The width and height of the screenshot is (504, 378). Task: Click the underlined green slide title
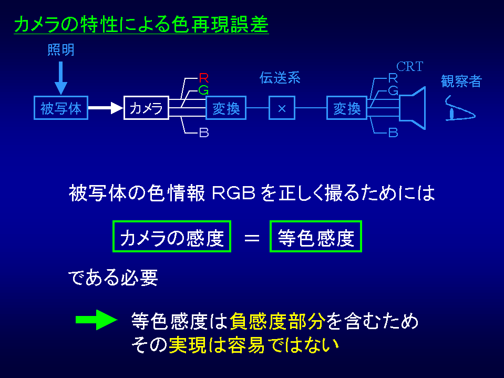click(x=141, y=24)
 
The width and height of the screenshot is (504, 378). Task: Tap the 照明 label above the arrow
click(x=61, y=50)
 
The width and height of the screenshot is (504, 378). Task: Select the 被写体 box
click(x=61, y=108)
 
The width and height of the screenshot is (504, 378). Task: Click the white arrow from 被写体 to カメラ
click(x=105, y=108)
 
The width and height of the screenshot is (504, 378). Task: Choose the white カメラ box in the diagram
click(x=146, y=108)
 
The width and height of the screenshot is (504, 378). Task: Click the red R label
click(x=204, y=78)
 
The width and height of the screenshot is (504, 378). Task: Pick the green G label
click(x=204, y=90)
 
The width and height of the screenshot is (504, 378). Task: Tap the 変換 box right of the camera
click(x=225, y=108)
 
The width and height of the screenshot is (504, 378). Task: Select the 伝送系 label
click(x=280, y=78)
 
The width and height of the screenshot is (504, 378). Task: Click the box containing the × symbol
click(x=282, y=108)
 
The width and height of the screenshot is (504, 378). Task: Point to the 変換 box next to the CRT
click(x=346, y=108)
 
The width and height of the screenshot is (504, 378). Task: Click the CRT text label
click(x=409, y=67)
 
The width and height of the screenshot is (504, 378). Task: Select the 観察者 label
click(x=461, y=81)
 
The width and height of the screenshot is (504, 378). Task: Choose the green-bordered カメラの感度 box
click(x=172, y=238)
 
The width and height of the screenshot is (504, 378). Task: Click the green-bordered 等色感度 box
click(x=316, y=238)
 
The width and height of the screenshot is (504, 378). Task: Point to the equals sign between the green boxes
click(x=252, y=238)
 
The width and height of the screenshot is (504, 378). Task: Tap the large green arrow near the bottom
click(x=96, y=320)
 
